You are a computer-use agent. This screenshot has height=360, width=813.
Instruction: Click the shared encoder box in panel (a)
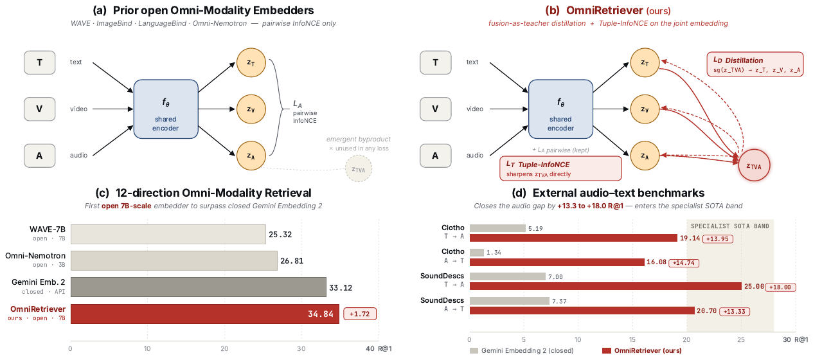(x=166, y=109)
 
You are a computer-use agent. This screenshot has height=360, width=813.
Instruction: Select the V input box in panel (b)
(x=435, y=109)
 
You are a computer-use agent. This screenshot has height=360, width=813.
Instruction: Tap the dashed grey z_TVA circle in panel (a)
(x=359, y=168)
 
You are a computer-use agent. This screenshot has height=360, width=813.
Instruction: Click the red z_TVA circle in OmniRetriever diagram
(x=754, y=165)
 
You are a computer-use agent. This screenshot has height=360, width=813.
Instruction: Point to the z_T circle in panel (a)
(x=251, y=62)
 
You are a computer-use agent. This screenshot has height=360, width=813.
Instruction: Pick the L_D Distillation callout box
(x=755, y=64)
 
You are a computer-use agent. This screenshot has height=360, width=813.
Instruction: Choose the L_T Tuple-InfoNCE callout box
(x=560, y=168)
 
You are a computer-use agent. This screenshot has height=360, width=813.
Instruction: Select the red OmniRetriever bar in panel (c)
(x=205, y=314)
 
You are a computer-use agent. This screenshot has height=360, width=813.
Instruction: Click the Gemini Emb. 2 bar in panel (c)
(x=198, y=287)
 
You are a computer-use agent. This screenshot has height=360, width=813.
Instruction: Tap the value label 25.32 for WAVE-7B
(x=280, y=235)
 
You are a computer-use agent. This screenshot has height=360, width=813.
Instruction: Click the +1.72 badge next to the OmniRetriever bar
(x=360, y=314)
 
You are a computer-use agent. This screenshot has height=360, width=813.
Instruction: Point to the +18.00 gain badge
(x=780, y=287)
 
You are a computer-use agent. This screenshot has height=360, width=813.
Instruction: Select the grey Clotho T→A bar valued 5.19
(x=497, y=228)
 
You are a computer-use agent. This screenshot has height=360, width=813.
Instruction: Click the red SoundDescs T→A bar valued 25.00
(x=605, y=286)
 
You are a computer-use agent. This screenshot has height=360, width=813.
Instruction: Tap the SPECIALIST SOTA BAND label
(x=730, y=226)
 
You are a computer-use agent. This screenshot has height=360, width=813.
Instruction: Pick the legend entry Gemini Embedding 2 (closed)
(x=522, y=350)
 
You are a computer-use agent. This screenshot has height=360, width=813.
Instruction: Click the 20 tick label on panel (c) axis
(x=224, y=348)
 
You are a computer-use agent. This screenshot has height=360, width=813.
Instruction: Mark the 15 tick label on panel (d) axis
(x=632, y=339)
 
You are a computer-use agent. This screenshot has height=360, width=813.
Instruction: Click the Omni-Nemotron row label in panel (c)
(x=35, y=256)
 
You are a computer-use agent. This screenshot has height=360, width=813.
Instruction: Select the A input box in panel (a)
(x=40, y=156)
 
